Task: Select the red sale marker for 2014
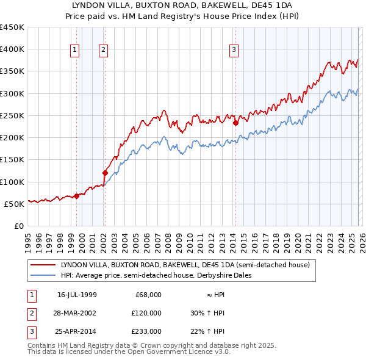[x=235, y=123]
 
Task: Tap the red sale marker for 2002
[x=105, y=173]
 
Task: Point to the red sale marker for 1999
[x=76, y=196]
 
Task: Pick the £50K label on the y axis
[x=14, y=204]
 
